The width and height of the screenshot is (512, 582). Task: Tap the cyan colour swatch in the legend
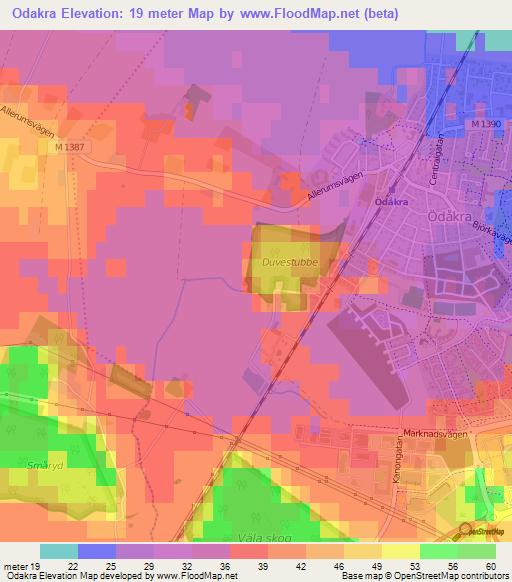click(59, 551)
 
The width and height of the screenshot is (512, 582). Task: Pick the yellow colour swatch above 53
click(401, 551)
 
